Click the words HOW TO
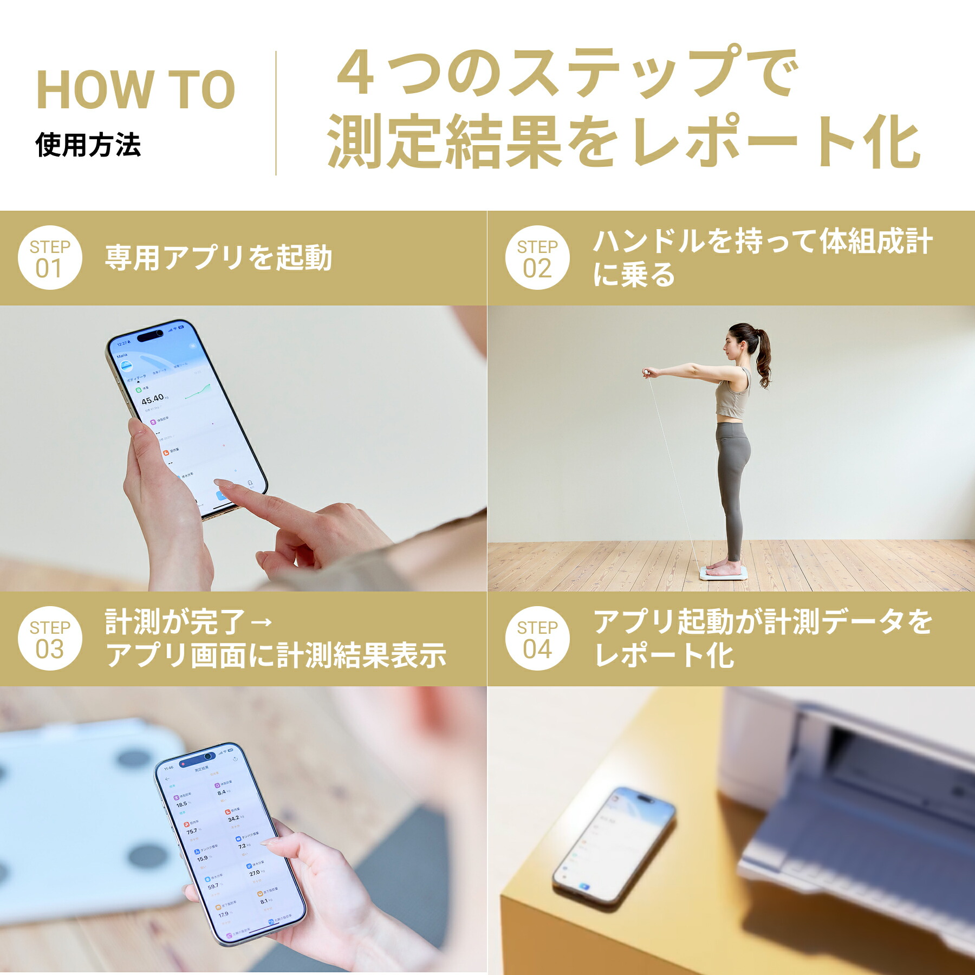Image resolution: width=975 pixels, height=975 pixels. [x=135, y=89]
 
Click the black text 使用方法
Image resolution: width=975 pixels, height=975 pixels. [x=88, y=145]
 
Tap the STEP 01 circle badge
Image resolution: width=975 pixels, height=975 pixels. [x=50, y=258]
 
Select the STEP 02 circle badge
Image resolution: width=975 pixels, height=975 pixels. [x=537, y=258]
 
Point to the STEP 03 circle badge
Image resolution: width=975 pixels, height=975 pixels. [x=50, y=638]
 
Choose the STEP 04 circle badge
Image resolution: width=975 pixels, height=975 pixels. [x=537, y=638]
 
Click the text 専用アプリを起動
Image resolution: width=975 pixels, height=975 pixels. [x=218, y=258]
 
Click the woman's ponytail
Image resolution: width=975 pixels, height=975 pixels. [x=763, y=360]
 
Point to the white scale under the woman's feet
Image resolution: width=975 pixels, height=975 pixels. [x=724, y=573]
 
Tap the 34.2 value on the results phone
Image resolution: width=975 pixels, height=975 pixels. [x=233, y=818]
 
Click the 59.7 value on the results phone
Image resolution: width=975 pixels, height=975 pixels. [x=213, y=886]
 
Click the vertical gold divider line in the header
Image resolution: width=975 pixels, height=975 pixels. [x=276, y=113]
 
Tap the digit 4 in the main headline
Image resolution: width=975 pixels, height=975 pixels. [x=356, y=74]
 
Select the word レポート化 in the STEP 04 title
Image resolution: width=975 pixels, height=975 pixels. [x=664, y=655]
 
